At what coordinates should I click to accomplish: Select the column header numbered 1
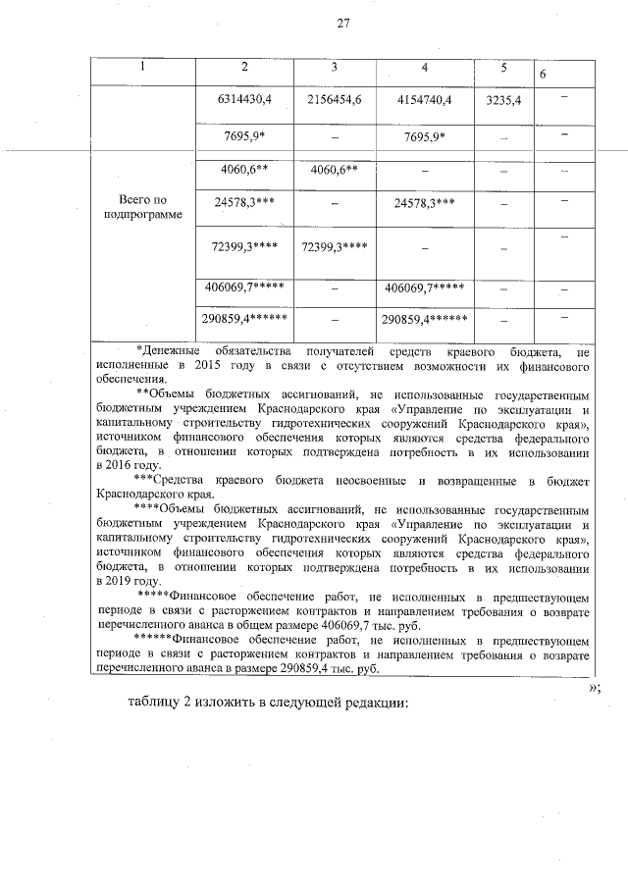[x=142, y=68]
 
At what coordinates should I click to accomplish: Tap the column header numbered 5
[x=502, y=68]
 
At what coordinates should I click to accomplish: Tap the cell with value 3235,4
[x=502, y=100]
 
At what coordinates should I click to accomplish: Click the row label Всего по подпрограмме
[x=143, y=206]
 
